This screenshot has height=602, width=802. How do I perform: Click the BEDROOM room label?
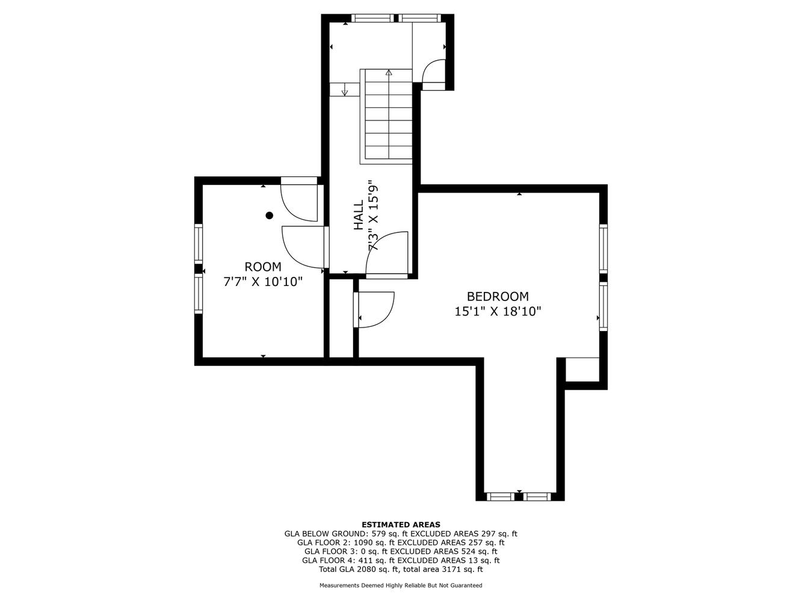click(498, 296)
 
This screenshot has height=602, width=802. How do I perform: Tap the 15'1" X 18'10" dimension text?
click(498, 311)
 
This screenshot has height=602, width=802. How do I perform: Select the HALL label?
click(359, 214)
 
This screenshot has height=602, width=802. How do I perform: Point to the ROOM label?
click(263, 267)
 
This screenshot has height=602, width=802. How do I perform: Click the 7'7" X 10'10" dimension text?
click(263, 282)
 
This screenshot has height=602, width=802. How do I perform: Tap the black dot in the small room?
click(270, 216)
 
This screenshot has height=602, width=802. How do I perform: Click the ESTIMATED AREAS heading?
click(401, 524)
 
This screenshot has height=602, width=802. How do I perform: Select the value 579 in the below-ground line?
click(378, 533)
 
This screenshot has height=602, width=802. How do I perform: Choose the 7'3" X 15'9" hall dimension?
click(373, 215)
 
